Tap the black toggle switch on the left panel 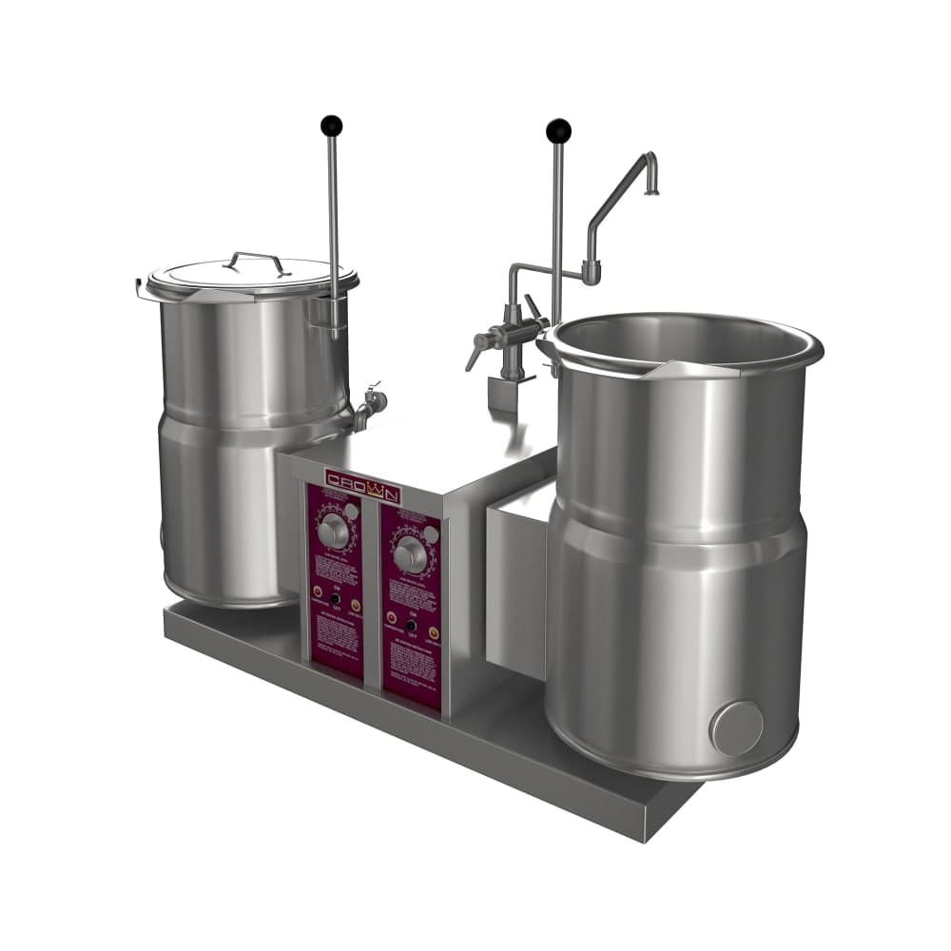(x=334, y=598)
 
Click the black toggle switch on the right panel (x=411, y=626)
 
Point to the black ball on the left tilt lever (x=331, y=125)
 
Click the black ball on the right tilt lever (x=558, y=129)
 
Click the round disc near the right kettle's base (x=737, y=728)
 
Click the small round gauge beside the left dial (x=351, y=511)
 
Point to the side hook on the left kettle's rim (x=143, y=284)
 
